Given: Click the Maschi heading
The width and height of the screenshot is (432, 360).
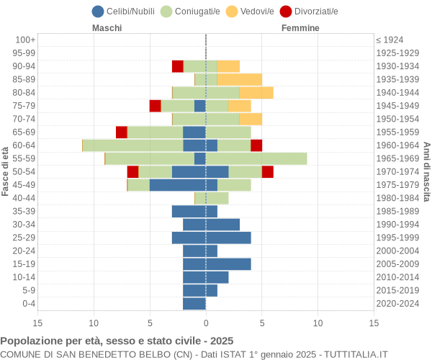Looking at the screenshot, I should pyautogui.click(x=107, y=28).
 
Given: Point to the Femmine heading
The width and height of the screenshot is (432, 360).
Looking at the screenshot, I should pyautogui.click(x=300, y=28).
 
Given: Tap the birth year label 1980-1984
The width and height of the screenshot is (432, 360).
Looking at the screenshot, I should pyautogui.click(x=397, y=198).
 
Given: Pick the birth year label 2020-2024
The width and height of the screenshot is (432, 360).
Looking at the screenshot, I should pyautogui.click(x=397, y=304).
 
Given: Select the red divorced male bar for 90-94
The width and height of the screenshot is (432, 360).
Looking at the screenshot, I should pyautogui.click(x=178, y=66).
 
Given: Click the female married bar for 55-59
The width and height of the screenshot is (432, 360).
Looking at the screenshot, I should pyautogui.click(x=256, y=158).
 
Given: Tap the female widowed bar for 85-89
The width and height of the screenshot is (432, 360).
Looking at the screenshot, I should pyautogui.click(x=240, y=79).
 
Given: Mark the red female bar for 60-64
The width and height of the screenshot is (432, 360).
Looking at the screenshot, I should pyautogui.click(x=256, y=145).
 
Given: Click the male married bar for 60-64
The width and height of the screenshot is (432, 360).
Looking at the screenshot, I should pyautogui.click(x=133, y=145).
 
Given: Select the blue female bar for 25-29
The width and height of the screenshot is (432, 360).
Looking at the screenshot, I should pyautogui.click(x=228, y=238).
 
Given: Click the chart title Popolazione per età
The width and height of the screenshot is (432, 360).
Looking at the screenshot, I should pyautogui.click(x=117, y=341).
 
